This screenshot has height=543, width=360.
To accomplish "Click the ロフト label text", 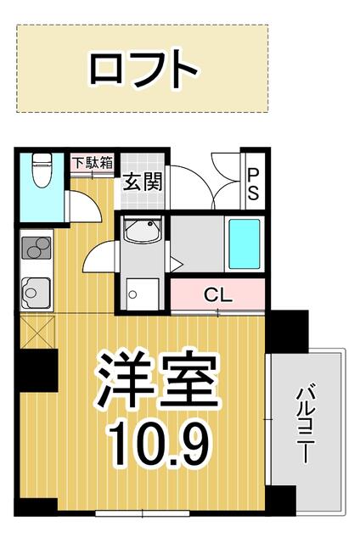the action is pos(143,68).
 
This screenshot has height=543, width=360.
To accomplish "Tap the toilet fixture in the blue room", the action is pos(42,170).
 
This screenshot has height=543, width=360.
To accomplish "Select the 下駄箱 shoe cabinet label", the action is pos(93,163).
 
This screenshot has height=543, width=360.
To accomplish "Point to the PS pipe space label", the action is pos(253,183).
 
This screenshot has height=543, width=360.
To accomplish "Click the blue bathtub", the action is pos(245,244).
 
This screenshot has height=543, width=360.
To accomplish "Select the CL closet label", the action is pos(218,295).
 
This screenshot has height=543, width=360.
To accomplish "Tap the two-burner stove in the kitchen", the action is pos(37,248).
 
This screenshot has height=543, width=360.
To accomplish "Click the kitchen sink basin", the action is pos(36,294).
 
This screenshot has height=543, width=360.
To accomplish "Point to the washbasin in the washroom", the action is pos(143,230).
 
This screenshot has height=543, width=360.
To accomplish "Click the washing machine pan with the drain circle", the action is pos(143,294).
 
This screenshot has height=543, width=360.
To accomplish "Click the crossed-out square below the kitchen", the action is pos(37,332).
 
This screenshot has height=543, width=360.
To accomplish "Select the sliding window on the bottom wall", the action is pos(143,512).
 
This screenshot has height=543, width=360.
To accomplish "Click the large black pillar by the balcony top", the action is pos(287,332).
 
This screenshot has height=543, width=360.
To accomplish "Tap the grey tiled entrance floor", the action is pos(143,182).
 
